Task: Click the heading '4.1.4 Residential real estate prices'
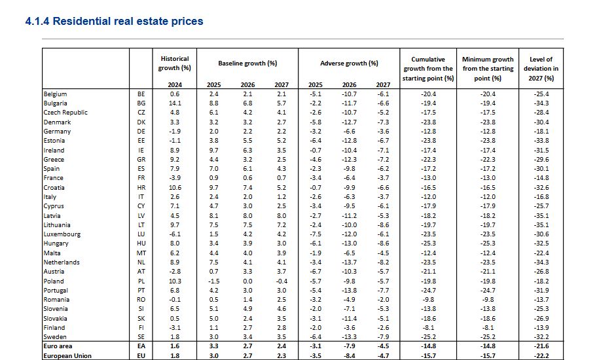114,22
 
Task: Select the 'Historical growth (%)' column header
174,63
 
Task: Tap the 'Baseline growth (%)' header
247,63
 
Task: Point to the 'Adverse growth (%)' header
349,63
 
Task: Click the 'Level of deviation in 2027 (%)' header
541,68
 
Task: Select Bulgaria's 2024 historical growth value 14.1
174,103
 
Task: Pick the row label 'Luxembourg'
62,234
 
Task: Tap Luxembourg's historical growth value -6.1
174,234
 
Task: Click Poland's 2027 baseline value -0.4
281,281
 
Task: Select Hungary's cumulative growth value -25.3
428,243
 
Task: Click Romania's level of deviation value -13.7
541,300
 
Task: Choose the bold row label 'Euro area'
57,346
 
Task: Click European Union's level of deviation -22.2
541,356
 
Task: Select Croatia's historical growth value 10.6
174,188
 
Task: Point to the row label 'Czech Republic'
65,113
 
